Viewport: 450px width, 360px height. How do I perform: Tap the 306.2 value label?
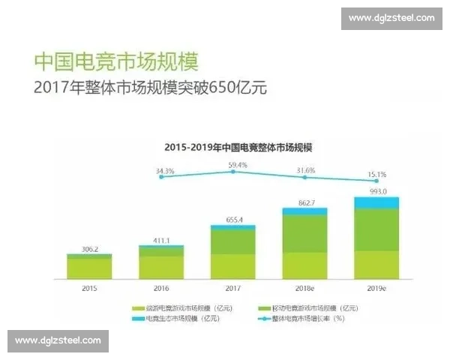point(89,247)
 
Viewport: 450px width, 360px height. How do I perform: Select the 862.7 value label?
point(304,202)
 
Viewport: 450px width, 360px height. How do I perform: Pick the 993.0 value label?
point(375,191)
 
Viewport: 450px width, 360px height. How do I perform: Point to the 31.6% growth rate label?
point(306,170)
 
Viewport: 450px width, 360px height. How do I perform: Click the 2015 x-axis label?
point(89,288)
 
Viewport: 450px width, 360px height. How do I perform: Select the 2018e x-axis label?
point(304,288)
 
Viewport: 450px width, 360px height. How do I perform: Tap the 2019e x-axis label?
point(375,288)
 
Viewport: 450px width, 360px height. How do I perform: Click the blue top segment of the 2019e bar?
point(375,202)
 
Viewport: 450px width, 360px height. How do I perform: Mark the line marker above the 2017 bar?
point(232,172)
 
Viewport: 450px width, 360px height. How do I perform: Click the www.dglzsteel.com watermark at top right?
point(391,17)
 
